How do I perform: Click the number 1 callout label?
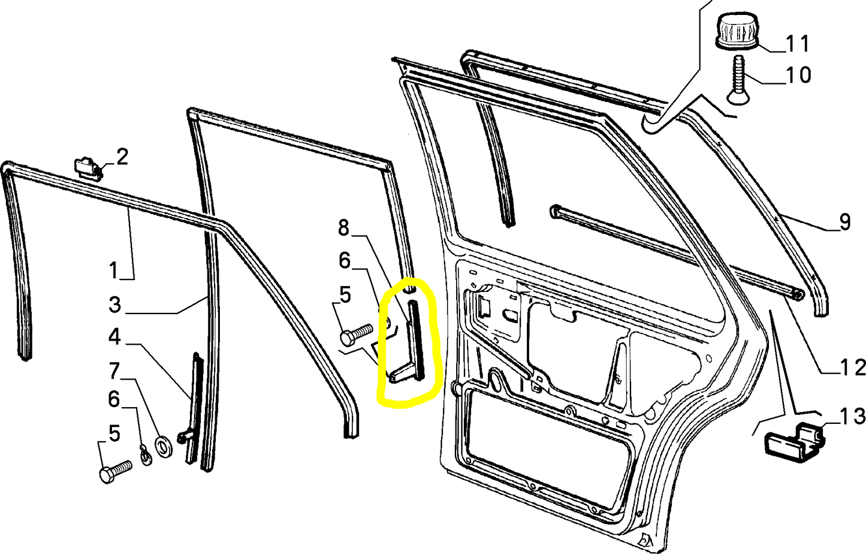coord(113,270)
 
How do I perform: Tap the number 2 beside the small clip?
coord(122,158)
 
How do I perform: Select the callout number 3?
coord(115,305)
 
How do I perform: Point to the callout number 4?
coord(114,337)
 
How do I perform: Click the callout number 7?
coord(114,371)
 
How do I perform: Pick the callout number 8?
coord(343,228)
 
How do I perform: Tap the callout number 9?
coord(845,222)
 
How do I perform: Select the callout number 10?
coord(798,75)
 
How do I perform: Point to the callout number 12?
coord(851,367)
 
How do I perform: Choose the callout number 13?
coord(851,417)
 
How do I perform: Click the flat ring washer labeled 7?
coord(164,447)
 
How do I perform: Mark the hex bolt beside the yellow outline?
coord(356,334)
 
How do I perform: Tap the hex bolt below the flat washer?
coord(116,472)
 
